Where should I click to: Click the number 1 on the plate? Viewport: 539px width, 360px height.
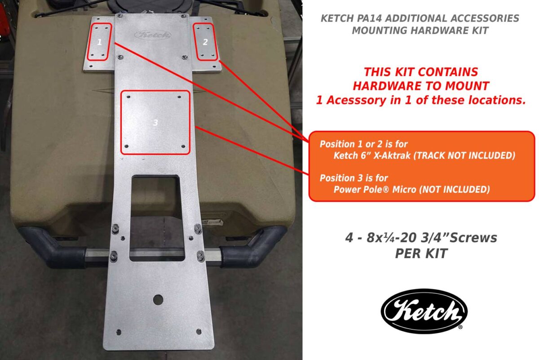click(x=100, y=42)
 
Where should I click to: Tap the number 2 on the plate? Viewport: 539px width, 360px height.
click(x=205, y=42)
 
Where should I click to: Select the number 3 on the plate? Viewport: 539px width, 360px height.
click(x=155, y=122)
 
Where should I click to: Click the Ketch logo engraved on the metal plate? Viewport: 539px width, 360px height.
click(x=152, y=35)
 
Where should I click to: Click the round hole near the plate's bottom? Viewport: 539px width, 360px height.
click(x=158, y=299)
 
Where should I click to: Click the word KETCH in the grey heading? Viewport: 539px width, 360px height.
click(x=336, y=19)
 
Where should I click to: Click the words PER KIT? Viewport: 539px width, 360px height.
click(x=420, y=253)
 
